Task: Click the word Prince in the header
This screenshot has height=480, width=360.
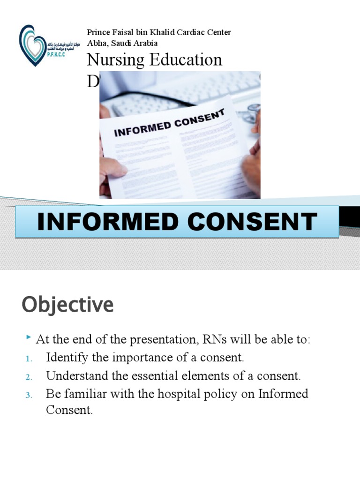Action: pyautogui.click(x=97, y=32)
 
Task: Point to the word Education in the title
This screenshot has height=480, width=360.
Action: pyautogui.click(x=185, y=60)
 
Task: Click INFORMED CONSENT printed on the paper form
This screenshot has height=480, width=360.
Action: pyautogui.click(x=170, y=123)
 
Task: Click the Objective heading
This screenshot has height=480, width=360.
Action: pyautogui.click(x=67, y=305)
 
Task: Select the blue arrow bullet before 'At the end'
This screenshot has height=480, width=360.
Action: pyautogui.click(x=29, y=337)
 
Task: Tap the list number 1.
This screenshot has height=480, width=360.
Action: pyautogui.click(x=28, y=359)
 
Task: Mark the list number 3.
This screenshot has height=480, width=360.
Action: pyautogui.click(x=28, y=395)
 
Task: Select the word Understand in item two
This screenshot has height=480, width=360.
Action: pyautogui.click(x=75, y=376)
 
